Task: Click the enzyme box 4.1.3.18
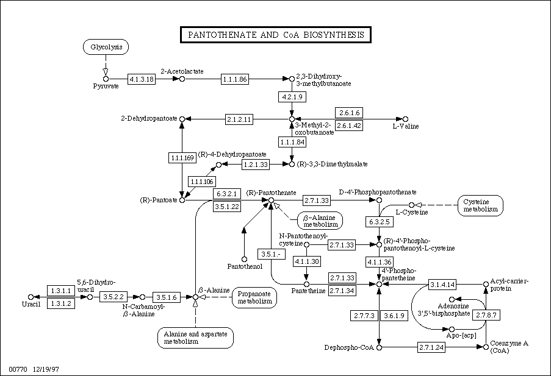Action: [x=142, y=79]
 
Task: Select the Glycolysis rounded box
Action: [x=106, y=47]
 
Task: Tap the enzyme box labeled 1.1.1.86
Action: [x=235, y=79]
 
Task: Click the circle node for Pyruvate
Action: [x=106, y=79]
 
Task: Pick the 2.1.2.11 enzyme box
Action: [x=239, y=119]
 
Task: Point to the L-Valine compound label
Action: [x=406, y=126]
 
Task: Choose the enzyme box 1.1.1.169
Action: [x=182, y=158]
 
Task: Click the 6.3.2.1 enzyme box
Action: [x=227, y=193]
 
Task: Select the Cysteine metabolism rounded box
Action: [x=480, y=206]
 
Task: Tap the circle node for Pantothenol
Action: [x=244, y=260]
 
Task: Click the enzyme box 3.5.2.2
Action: [x=113, y=297]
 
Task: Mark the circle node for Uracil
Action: [x=31, y=297]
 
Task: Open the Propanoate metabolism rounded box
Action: [x=254, y=298]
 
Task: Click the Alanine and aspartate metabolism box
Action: [x=195, y=338]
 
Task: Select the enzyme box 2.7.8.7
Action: [x=486, y=315]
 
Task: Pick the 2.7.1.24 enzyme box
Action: [x=431, y=347]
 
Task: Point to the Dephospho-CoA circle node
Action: [x=379, y=347]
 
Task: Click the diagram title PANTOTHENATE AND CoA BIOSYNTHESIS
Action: [x=276, y=35]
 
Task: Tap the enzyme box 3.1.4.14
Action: [x=442, y=285]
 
